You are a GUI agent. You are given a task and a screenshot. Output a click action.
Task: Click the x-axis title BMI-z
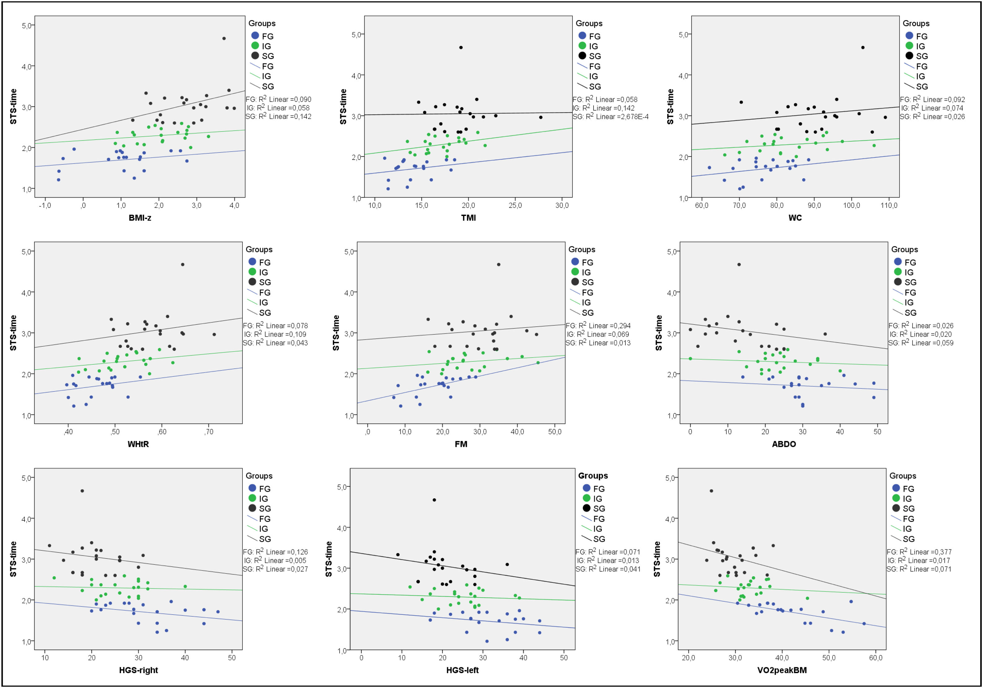140,218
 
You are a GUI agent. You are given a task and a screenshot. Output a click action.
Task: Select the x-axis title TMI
468,218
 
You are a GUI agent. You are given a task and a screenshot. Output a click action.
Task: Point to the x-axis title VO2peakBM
782,670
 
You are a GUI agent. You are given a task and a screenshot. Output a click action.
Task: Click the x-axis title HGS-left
462,670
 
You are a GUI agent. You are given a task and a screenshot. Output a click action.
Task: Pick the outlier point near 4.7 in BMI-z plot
224,38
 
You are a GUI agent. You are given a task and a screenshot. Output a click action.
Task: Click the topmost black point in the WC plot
863,48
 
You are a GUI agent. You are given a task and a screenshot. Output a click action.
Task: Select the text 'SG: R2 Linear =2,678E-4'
611,117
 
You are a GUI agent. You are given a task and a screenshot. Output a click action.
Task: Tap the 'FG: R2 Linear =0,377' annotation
919,552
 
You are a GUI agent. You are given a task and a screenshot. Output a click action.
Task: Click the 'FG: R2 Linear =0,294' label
598,326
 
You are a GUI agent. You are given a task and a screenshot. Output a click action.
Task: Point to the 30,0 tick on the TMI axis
562,205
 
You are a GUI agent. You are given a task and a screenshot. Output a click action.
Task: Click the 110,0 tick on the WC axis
889,205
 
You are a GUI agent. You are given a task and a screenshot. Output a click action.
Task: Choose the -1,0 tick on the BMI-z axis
45,205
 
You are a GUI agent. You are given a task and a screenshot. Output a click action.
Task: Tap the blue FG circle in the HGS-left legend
586,488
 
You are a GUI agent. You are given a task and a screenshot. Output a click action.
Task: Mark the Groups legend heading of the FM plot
581,249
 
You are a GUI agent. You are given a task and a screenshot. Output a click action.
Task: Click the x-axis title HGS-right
138,670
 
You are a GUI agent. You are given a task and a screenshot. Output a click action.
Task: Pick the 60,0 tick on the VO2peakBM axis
876,658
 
